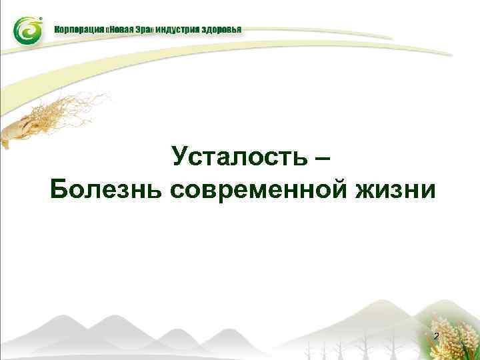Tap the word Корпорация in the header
(79, 30)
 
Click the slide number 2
(436, 337)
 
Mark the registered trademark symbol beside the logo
(43, 19)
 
